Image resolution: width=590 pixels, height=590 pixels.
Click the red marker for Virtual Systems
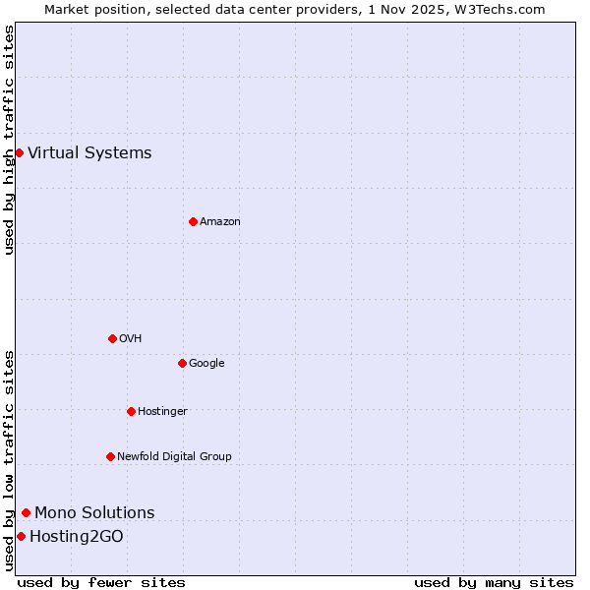pyautogui.click(x=19, y=152)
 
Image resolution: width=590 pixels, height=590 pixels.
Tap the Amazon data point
pyautogui.click(x=193, y=221)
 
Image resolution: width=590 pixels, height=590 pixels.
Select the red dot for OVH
pyautogui.click(x=112, y=338)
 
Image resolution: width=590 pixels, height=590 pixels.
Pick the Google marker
pyautogui.click(x=182, y=363)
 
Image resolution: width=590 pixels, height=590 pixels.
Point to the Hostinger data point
pyautogui.click(x=131, y=411)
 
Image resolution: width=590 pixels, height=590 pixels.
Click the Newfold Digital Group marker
pyautogui.click(x=110, y=456)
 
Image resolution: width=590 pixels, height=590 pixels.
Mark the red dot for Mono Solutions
pyautogui.click(x=26, y=512)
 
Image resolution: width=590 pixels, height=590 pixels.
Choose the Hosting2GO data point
pyautogui.click(x=21, y=536)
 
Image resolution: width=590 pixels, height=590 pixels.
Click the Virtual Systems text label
pyautogui.click(x=89, y=152)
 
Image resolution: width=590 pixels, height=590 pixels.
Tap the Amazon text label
pyautogui.click(x=220, y=221)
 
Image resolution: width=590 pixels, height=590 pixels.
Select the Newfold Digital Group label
pyautogui.click(x=174, y=456)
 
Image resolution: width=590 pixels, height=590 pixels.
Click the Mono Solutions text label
pyautogui.click(x=94, y=512)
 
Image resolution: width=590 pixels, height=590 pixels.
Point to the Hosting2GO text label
pyautogui.click(x=77, y=536)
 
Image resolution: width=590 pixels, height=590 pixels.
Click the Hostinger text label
pyautogui.click(x=162, y=411)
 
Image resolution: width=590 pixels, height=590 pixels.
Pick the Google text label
pyautogui.click(x=206, y=363)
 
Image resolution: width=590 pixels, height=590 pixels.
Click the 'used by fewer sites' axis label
pyautogui.click(x=101, y=582)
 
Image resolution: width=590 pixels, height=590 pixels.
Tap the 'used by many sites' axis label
pyautogui.click(x=494, y=582)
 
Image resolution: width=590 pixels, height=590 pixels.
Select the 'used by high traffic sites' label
pyautogui.click(x=9, y=140)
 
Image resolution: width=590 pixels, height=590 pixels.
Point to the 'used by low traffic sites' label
pyautogui.click(x=9, y=460)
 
